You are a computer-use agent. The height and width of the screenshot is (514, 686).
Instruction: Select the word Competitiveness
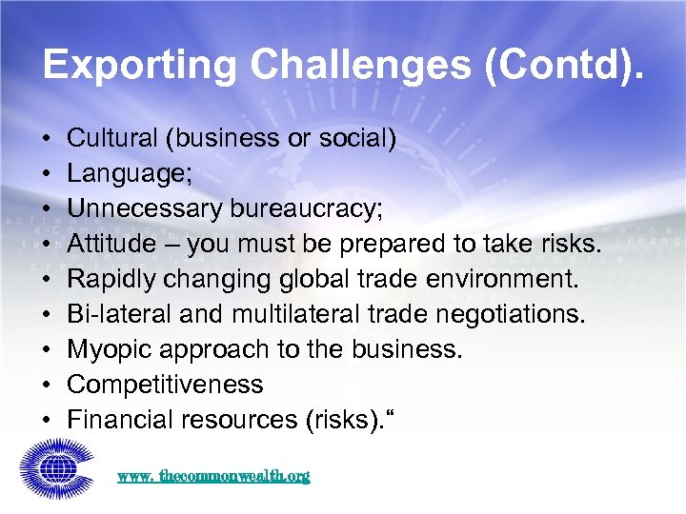tap(165, 385)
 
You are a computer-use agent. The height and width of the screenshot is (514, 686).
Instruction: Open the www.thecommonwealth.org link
tap(213, 476)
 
